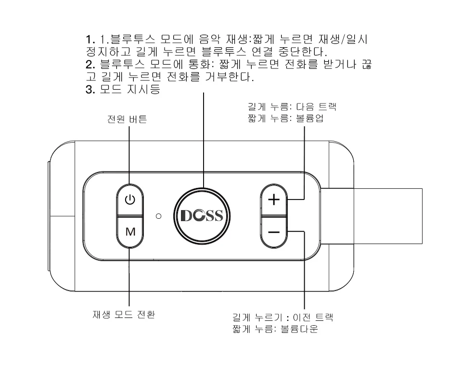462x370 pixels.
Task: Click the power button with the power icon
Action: point(130,200)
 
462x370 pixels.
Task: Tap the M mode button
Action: point(130,232)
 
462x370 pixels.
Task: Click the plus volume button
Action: point(274,200)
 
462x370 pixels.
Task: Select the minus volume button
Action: point(274,232)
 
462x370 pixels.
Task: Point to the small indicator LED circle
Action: point(158,216)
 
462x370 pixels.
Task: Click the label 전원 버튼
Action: point(127,119)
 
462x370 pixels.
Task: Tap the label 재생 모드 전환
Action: point(124,315)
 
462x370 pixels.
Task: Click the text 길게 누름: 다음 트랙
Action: point(292,106)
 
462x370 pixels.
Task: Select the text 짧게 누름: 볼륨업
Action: point(285,119)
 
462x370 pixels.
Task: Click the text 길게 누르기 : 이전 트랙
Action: point(283,317)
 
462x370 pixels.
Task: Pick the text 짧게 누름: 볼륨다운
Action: point(275,329)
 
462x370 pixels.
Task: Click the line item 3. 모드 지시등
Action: point(123,89)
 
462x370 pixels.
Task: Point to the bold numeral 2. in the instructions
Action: point(90,65)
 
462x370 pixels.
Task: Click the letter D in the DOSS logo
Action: point(186,216)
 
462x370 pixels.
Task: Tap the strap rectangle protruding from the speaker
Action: point(372,216)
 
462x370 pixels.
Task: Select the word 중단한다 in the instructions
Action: point(303,52)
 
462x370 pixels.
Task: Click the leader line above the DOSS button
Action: point(203,140)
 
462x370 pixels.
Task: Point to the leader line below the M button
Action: point(129,277)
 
